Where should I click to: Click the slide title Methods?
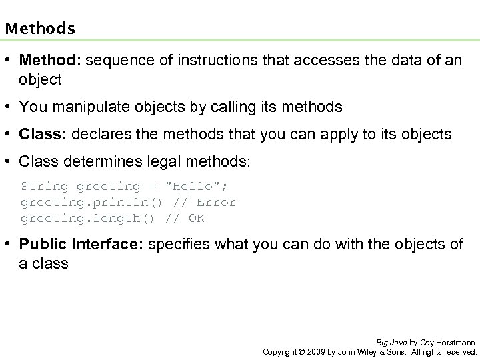click(39, 29)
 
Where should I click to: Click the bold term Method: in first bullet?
click(49, 61)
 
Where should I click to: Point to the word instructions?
click(198, 61)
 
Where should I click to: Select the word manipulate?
click(79, 106)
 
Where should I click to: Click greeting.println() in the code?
click(93, 202)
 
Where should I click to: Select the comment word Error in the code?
click(214, 202)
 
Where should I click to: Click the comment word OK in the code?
click(196, 218)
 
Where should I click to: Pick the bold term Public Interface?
click(81, 245)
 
